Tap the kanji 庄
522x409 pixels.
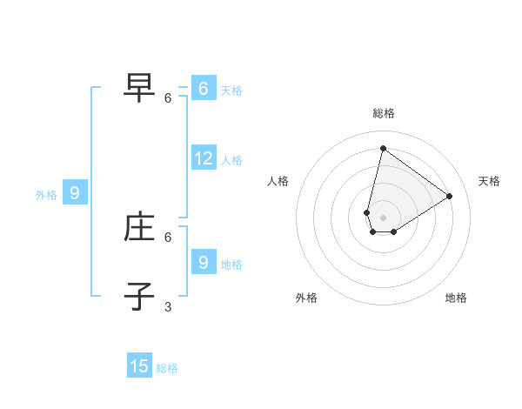click(x=139, y=226)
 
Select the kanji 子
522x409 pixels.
click(x=139, y=295)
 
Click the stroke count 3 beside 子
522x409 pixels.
click(x=168, y=306)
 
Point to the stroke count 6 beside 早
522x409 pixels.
click(x=168, y=98)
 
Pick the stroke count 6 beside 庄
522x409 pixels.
click(x=168, y=237)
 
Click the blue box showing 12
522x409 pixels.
click(x=204, y=158)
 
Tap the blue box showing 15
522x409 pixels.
click(x=139, y=366)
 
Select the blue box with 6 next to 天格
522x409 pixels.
click(x=204, y=89)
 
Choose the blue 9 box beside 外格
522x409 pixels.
click(x=75, y=193)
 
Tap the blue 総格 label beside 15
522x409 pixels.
click(x=167, y=368)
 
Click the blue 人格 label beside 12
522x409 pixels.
click(x=231, y=160)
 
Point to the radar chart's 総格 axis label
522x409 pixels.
click(x=384, y=113)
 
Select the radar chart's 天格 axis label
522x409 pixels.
click(x=489, y=181)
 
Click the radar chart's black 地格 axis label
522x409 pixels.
click(x=456, y=298)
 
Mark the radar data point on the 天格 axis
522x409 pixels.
click(x=450, y=196)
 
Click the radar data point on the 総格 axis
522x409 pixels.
click(x=383, y=148)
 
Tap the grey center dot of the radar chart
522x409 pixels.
click(x=383, y=217)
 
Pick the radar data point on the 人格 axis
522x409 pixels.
click(x=367, y=212)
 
